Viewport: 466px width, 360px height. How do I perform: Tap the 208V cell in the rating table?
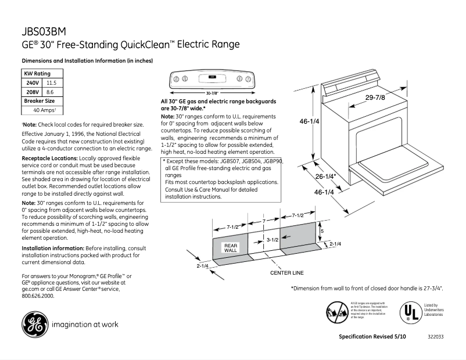(33, 92)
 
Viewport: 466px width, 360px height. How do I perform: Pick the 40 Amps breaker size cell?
(45, 110)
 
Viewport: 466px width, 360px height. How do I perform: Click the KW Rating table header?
(37, 74)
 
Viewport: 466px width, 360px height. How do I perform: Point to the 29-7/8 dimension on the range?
(375, 98)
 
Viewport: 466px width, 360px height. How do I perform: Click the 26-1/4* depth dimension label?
(326, 176)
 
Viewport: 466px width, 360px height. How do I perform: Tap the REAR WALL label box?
(231, 247)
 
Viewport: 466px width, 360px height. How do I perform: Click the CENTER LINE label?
(286, 272)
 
